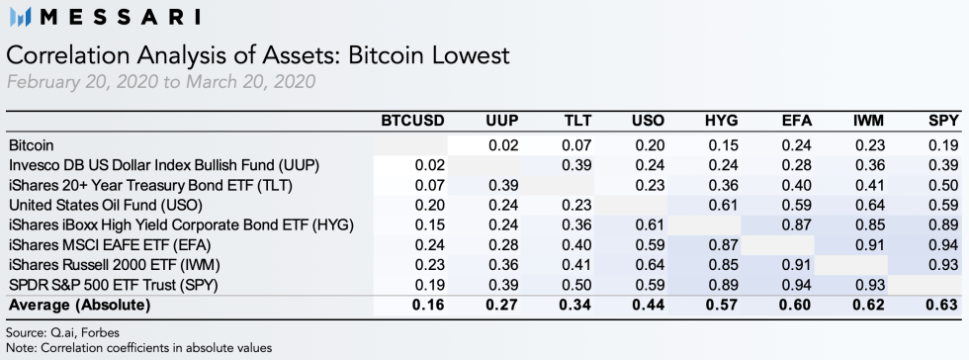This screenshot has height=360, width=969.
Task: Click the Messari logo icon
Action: (20, 17)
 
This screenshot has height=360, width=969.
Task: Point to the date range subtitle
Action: (161, 81)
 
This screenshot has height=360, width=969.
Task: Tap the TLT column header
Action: (576, 122)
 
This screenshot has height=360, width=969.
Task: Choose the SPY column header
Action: (942, 122)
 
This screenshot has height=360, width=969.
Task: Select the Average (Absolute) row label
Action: (78, 306)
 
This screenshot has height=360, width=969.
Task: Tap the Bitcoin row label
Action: (31, 144)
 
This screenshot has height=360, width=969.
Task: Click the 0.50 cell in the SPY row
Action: (575, 285)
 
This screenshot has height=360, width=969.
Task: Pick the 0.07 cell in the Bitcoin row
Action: (575, 144)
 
